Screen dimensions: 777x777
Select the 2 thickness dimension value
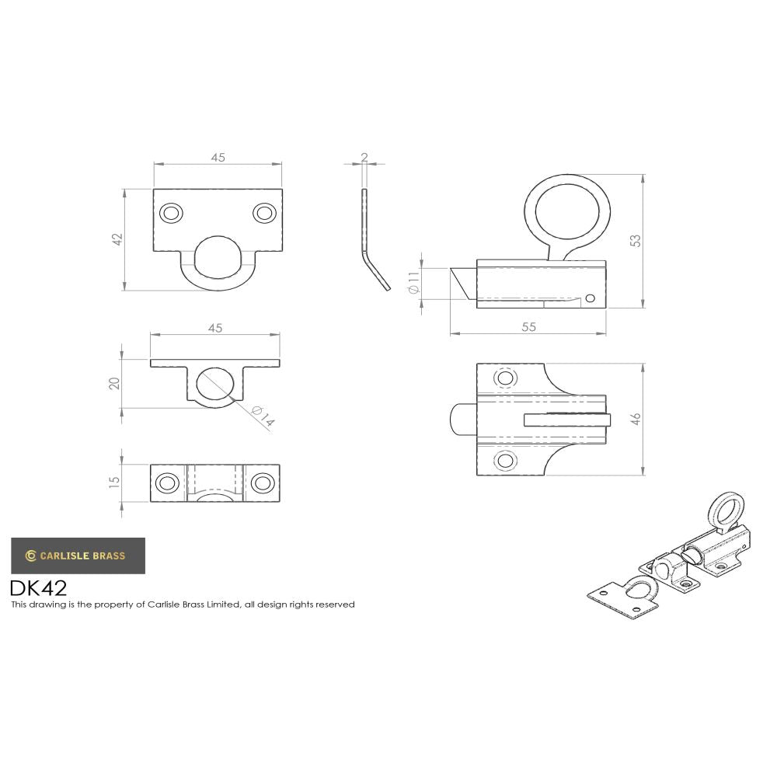[x=364, y=158]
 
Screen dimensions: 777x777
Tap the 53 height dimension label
[x=636, y=240]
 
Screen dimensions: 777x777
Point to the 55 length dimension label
[x=528, y=327]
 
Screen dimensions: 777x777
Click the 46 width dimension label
[x=636, y=419]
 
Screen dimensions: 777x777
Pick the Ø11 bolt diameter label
[x=413, y=282]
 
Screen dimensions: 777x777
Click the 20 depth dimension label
[x=114, y=383]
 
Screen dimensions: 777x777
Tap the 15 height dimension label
[x=115, y=482]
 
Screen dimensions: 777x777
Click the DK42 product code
[x=38, y=587]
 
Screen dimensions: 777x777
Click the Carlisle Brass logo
[x=78, y=556]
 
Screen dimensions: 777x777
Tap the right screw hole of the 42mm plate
[x=264, y=213]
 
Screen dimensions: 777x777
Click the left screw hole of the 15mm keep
[x=166, y=483]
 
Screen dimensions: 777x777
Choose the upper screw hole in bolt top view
[x=505, y=378]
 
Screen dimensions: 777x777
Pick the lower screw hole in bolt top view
[x=505, y=462]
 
